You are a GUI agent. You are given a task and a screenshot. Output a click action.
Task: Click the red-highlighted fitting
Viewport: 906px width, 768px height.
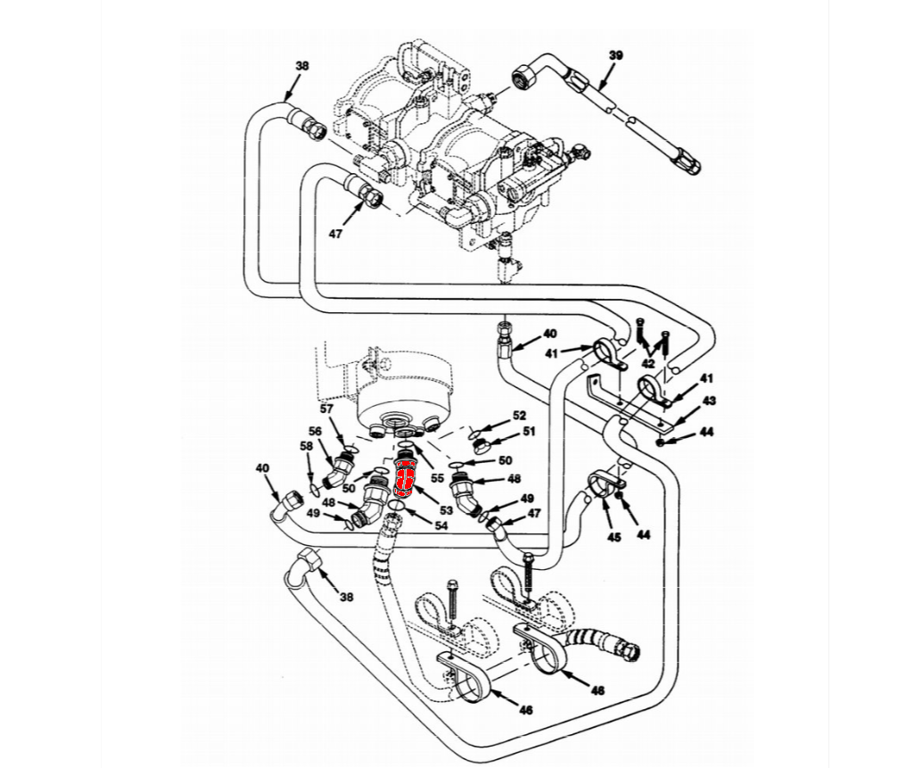click(404, 476)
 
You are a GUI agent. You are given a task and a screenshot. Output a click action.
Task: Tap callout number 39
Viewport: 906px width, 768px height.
click(615, 55)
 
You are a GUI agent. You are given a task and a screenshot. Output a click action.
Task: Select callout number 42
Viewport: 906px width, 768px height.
click(648, 364)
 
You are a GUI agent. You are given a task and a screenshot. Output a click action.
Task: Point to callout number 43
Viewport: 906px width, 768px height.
click(709, 401)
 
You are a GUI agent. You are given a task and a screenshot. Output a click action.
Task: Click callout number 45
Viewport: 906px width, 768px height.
click(614, 537)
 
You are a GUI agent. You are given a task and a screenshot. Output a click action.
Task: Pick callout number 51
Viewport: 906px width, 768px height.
click(529, 432)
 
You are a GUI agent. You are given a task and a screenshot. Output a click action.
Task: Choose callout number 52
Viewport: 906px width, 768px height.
click(519, 416)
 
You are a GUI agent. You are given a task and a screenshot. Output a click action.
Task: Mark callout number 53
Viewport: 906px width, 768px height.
click(446, 510)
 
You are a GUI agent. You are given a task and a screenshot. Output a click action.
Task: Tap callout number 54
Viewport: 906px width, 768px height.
click(441, 526)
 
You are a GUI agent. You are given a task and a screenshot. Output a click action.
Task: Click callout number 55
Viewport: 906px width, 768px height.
click(437, 478)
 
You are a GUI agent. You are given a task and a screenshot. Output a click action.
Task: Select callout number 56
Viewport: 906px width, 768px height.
click(315, 431)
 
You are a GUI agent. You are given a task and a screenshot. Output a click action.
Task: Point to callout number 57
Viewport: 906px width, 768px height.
click(326, 409)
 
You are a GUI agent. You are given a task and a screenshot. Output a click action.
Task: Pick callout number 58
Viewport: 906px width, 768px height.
click(306, 445)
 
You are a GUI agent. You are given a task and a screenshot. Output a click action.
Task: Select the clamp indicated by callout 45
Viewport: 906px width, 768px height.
click(601, 485)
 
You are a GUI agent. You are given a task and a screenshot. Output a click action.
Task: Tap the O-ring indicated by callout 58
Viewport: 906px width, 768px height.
click(315, 490)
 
